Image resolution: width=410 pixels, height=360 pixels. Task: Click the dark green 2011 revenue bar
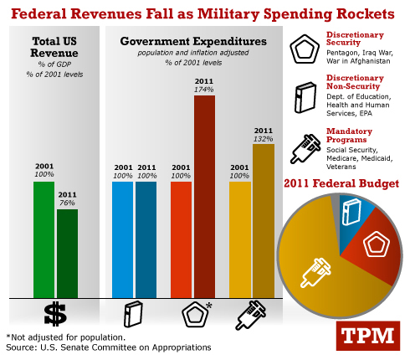point(68,254)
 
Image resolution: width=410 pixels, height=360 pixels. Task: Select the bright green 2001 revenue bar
point(44,239)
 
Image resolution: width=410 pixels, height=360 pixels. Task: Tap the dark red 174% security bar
point(204,197)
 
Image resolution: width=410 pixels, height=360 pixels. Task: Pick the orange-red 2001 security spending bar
point(181,239)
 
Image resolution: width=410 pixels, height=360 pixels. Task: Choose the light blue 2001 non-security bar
point(122,239)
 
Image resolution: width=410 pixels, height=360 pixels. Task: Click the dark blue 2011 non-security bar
point(146,239)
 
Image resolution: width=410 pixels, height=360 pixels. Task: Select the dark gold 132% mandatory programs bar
point(264,221)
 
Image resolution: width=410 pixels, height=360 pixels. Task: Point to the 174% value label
point(204,90)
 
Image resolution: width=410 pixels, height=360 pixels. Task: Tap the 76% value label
point(67,203)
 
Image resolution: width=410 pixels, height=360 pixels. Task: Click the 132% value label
point(264,139)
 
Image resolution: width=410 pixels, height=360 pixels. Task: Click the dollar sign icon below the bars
point(55,314)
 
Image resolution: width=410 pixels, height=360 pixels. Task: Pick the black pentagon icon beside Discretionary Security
point(305,49)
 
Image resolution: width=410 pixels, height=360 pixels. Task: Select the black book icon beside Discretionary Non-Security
point(305,97)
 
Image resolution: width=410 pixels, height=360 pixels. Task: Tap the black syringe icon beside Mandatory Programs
point(305,148)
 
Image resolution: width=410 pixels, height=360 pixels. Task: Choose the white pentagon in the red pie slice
point(377,244)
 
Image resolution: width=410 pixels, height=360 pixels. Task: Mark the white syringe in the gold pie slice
point(315,273)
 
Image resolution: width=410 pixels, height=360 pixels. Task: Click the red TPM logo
point(368,336)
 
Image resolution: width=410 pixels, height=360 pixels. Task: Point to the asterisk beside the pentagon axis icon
point(209,305)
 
